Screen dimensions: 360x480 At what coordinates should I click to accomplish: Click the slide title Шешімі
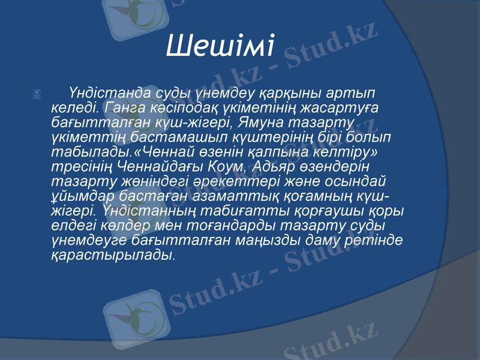(x=220, y=45)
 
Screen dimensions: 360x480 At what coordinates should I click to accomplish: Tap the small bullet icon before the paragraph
(x=37, y=94)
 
